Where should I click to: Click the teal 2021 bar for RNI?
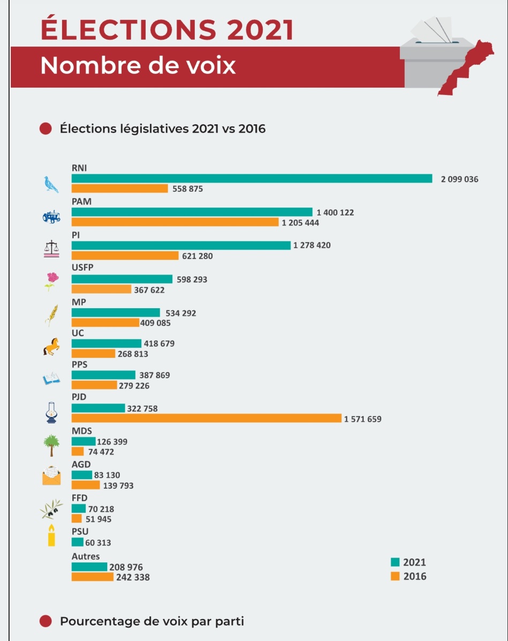click(252, 178)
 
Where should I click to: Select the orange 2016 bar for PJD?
click(206, 418)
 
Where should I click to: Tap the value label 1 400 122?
click(335, 213)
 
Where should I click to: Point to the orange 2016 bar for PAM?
click(175, 222)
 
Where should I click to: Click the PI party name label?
click(75, 235)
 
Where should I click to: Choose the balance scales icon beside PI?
click(52, 249)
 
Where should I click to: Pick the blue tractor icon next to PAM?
click(51, 217)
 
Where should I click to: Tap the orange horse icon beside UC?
click(51, 347)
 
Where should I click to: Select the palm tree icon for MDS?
click(51, 444)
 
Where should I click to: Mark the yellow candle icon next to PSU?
click(51, 535)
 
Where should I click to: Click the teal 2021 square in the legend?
click(396, 562)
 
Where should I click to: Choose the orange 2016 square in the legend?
click(396, 577)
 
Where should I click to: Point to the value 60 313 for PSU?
click(98, 542)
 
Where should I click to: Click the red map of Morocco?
click(461, 70)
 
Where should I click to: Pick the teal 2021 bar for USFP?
click(122, 279)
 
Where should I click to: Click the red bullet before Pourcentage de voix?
click(46, 621)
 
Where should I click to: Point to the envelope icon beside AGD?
click(51, 476)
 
